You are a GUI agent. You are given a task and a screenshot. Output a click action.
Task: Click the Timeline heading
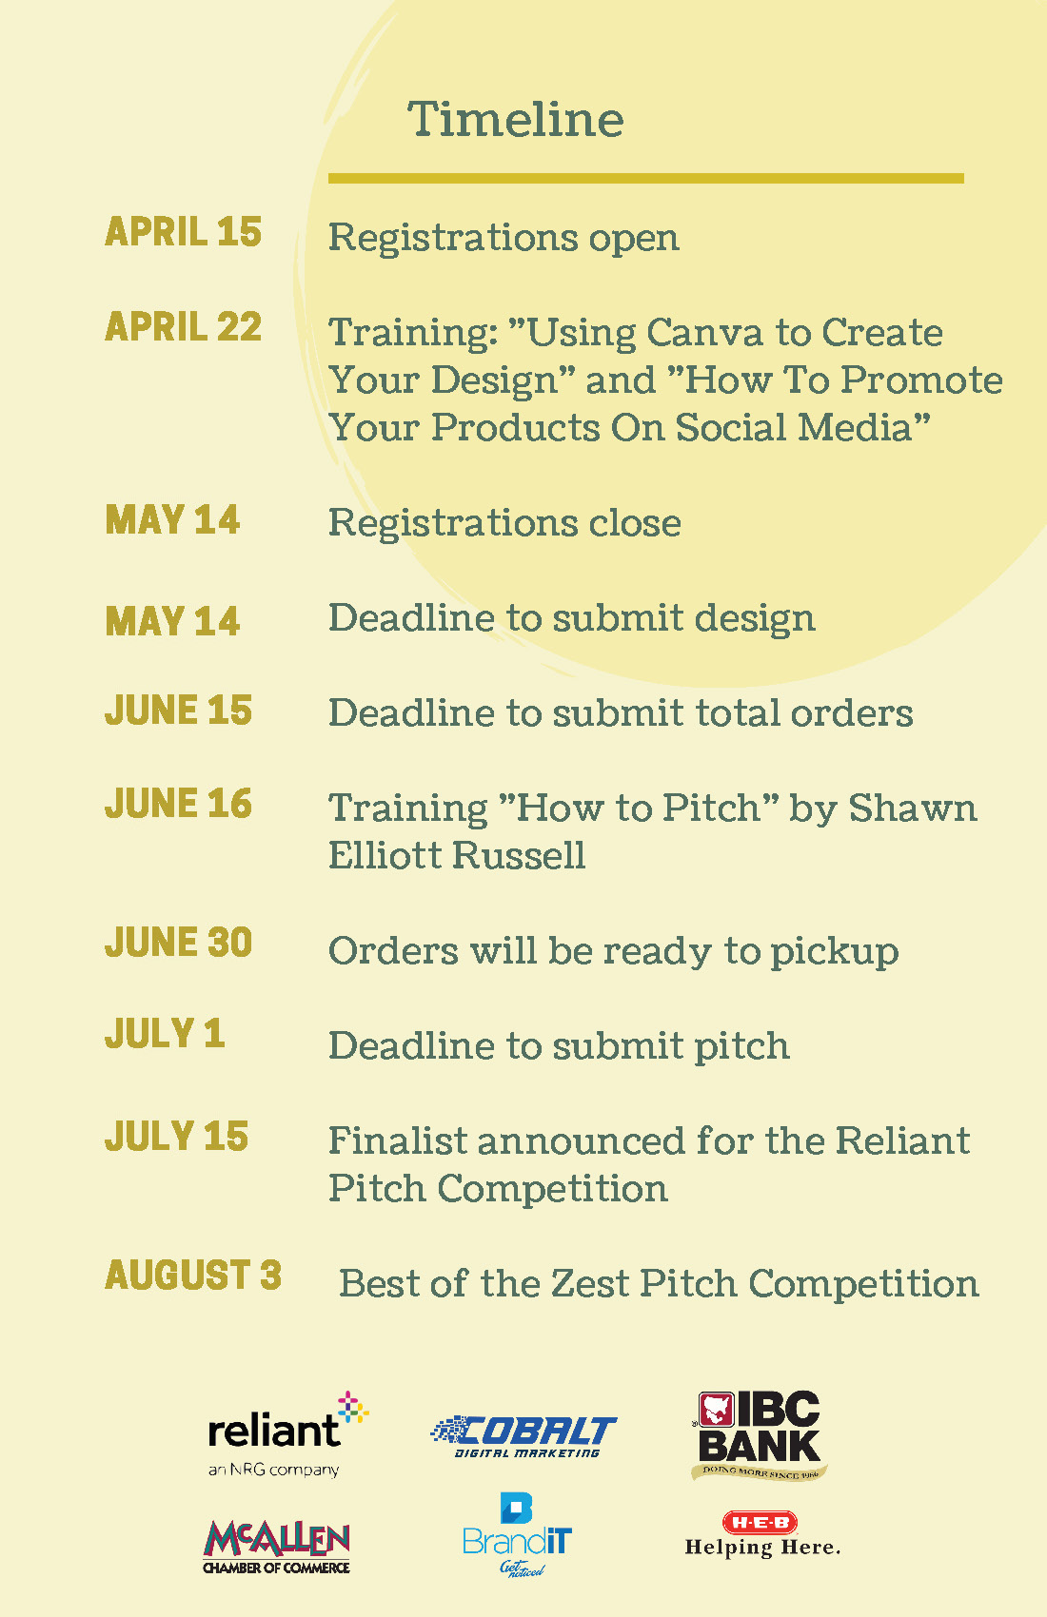coord(515,119)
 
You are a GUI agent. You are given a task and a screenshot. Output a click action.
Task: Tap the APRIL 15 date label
coord(184,232)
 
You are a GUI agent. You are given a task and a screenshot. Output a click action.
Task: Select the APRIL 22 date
coord(184,326)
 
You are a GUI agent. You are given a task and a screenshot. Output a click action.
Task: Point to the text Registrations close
coord(504,522)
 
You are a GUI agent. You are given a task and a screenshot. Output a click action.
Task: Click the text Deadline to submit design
coord(571,617)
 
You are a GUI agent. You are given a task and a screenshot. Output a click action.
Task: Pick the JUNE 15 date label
coord(179,710)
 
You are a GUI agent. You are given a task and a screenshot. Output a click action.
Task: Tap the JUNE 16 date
coord(179,804)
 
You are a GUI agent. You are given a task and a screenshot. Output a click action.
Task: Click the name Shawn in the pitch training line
coord(912,808)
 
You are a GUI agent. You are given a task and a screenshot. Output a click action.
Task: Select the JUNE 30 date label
coord(179,942)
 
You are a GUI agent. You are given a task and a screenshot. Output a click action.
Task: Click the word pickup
coord(835,952)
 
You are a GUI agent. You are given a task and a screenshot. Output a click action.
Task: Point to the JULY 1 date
coord(165,1033)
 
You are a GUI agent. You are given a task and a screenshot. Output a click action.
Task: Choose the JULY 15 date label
coord(177,1137)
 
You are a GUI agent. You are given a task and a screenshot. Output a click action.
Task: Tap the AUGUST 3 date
coord(193,1275)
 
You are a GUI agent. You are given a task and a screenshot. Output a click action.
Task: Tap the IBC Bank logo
coord(759,1435)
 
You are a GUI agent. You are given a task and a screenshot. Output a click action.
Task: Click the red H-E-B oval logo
coord(761,1522)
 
